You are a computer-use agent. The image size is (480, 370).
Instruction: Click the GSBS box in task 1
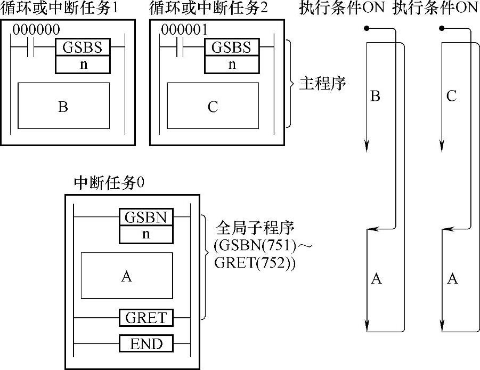tap(83, 47)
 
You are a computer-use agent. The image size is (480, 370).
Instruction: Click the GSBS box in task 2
tap(231, 47)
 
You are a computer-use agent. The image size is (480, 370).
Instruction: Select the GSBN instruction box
tap(145, 218)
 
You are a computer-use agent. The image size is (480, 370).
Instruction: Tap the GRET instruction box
tap(145, 318)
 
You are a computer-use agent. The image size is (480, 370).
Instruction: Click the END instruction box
tap(145, 344)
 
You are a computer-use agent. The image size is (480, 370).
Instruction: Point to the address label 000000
tap(35, 30)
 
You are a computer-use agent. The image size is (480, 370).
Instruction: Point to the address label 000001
tap(184, 30)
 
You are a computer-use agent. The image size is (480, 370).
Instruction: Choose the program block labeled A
tap(127, 276)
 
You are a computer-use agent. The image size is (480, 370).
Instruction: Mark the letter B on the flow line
tap(375, 96)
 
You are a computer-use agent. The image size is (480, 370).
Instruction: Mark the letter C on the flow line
tap(451, 96)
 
